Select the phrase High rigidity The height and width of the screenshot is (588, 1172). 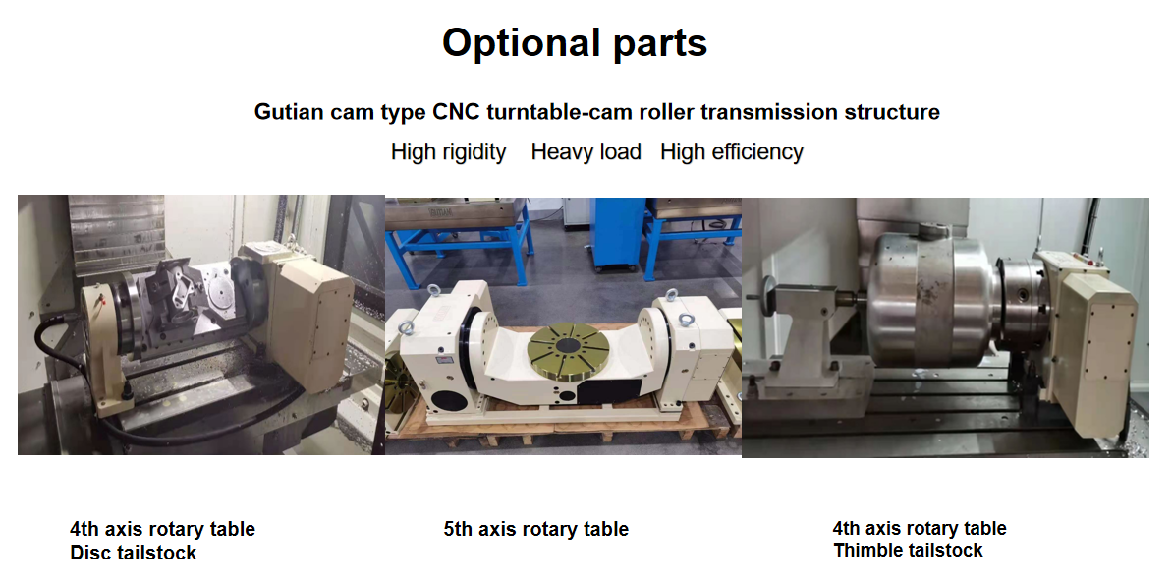point(449,151)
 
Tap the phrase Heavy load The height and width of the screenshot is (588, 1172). point(586,151)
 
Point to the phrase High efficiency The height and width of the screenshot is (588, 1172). point(732,151)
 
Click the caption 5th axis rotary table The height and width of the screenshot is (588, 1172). point(536,530)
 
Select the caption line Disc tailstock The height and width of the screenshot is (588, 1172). point(133,553)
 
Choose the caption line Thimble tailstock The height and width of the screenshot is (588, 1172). point(908,551)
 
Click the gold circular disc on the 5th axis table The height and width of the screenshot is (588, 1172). point(570,352)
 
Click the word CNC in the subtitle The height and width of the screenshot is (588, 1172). point(457,112)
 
